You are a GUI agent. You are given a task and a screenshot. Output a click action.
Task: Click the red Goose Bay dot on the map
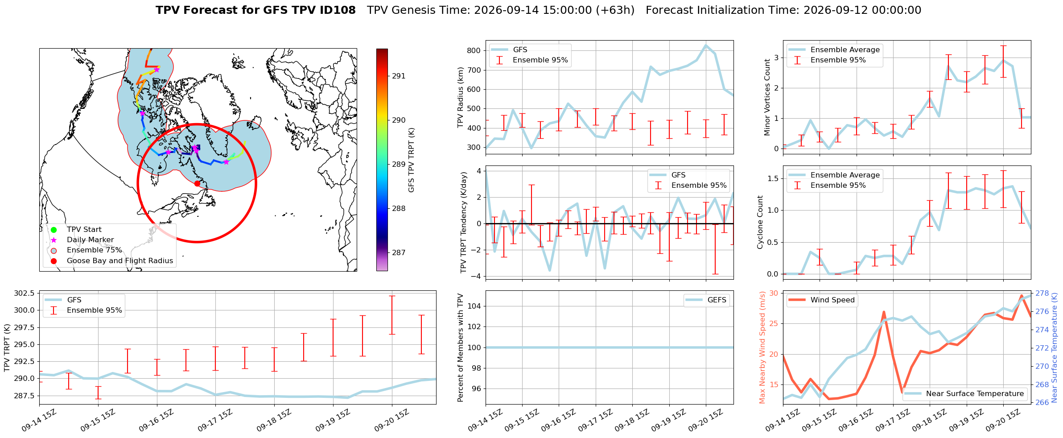[197, 183]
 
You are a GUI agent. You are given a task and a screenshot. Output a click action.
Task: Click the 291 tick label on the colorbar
[399, 76]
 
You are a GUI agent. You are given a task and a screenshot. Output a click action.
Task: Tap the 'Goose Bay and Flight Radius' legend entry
[112, 261]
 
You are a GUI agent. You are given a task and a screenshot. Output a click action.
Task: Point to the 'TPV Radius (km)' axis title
[461, 97]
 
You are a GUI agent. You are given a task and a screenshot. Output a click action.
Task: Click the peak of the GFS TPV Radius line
[706, 45]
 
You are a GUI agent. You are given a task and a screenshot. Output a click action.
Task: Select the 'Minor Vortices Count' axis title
[767, 97]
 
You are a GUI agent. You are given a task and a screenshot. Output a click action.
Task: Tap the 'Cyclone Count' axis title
[760, 222]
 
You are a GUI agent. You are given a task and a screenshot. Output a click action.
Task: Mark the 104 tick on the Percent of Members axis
[474, 306]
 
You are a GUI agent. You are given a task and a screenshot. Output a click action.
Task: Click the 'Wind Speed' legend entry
[822, 300]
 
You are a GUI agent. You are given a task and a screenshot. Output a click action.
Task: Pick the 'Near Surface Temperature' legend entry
[964, 394]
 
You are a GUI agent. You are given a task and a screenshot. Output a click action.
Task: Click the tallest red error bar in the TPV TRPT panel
[392, 315]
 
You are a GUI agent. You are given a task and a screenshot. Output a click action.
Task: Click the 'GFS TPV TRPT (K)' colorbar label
[412, 160]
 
